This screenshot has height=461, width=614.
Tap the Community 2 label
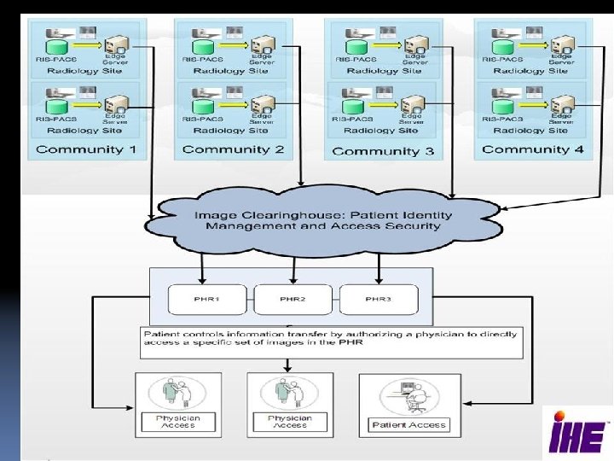coord(233,150)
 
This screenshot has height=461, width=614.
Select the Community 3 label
coord(383,151)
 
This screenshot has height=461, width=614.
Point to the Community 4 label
coord(533,149)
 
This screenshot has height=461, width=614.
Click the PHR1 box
coord(207,300)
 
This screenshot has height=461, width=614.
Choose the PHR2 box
coord(293,300)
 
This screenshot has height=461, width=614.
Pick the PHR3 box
coord(379,300)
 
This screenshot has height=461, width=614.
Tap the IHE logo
coord(576,430)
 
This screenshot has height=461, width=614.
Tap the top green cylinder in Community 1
coord(57,45)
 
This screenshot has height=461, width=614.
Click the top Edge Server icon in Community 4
coord(562,44)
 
